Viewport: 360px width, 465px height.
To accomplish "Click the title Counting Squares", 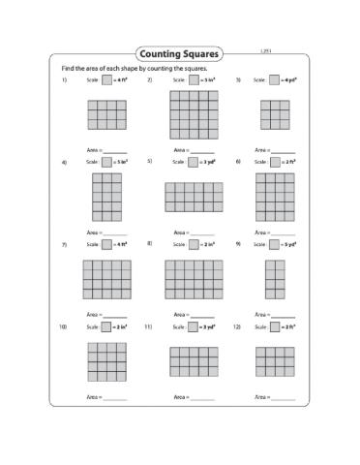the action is [x=179, y=54].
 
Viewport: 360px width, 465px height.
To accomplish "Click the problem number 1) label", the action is [x=64, y=81].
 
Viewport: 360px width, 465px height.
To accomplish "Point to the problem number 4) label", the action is [x=64, y=163].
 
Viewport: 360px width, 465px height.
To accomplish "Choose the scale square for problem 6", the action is [x=278, y=163].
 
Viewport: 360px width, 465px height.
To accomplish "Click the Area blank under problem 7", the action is [x=116, y=315].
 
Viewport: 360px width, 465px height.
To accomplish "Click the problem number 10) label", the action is [x=63, y=327].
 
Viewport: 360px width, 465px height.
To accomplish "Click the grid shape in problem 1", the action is [x=106, y=114].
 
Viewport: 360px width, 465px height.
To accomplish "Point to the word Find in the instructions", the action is [x=67, y=69].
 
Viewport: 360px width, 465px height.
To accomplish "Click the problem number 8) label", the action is [x=150, y=245].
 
